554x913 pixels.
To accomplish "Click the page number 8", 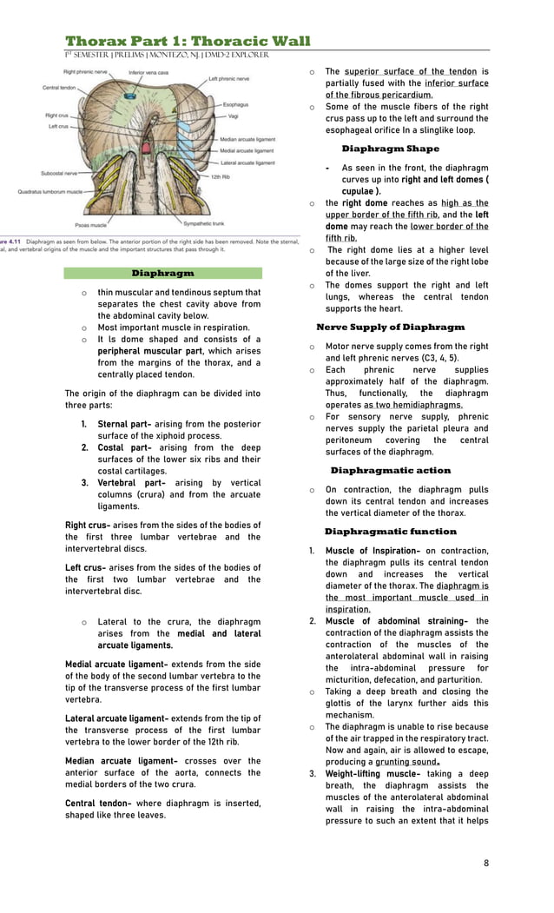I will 486,863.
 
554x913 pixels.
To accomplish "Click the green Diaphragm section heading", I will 163,273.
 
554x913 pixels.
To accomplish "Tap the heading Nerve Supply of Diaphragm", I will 390,327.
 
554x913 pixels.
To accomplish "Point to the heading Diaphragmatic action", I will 390,470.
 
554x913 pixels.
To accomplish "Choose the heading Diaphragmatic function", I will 390,531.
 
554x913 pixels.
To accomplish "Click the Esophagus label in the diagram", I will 235,104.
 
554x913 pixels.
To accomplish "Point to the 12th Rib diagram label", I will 220,176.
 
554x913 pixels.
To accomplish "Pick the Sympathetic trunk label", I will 205,223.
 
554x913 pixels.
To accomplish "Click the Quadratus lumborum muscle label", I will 49,191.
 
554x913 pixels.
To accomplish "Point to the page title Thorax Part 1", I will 188,41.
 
